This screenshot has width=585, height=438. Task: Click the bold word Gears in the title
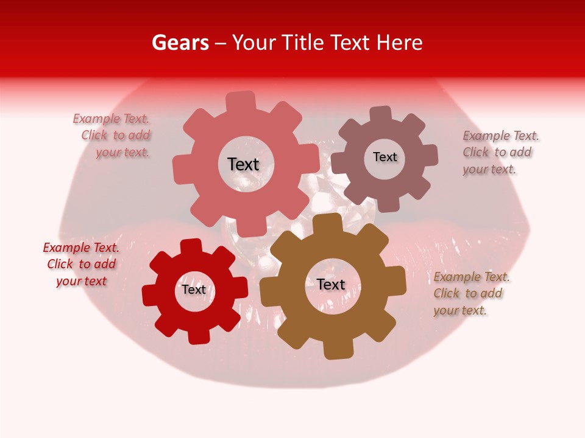(x=180, y=43)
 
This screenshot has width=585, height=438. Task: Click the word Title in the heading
(x=303, y=43)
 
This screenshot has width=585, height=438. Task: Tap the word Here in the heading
(x=399, y=43)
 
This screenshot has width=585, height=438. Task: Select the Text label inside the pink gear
(x=243, y=164)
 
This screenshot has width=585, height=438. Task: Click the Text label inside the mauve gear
(x=385, y=157)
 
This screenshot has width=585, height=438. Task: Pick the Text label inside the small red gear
(x=194, y=290)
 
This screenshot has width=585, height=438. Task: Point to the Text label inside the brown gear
(x=331, y=285)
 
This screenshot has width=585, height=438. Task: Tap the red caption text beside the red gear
(x=81, y=264)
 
